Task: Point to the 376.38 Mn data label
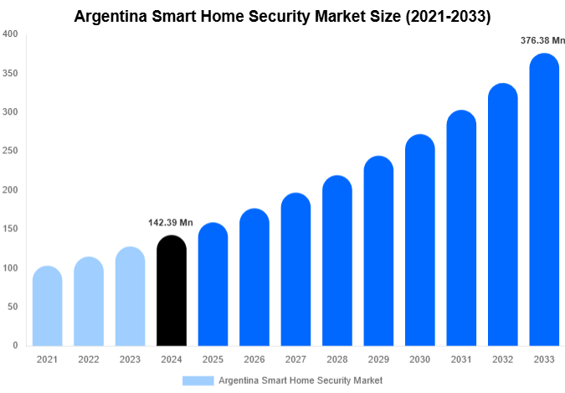click(542, 39)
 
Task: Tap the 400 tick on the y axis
click(10, 34)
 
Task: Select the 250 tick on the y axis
click(10, 151)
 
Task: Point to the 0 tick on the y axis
click(14, 345)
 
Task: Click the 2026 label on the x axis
click(254, 359)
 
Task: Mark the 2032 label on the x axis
click(502, 359)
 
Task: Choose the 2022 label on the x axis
click(88, 359)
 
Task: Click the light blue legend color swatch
click(198, 380)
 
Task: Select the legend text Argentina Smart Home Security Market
click(300, 380)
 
